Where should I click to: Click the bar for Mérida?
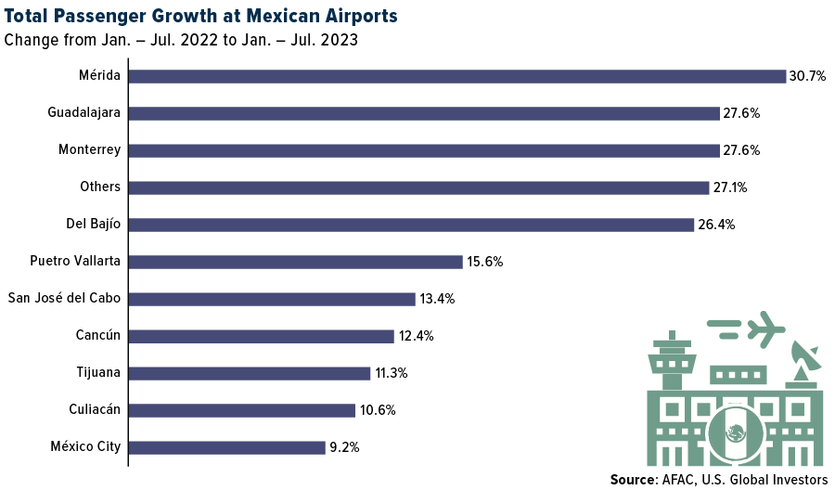tap(456, 76)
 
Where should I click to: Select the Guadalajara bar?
tap(423, 113)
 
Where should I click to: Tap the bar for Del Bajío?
tap(410, 225)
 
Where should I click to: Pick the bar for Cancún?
tap(261, 336)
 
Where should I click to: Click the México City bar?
tap(226, 447)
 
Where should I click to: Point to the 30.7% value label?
tap(807, 76)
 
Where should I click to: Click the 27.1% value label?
tap(730, 187)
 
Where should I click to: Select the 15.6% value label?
tap(484, 262)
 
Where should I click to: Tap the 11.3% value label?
tap(391, 373)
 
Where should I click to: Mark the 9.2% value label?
tap(344, 447)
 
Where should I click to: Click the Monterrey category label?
tap(89, 149)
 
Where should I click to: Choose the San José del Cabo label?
tap(64, 298)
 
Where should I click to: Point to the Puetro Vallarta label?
tap(75, 261)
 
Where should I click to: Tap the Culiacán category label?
tap(95, 409)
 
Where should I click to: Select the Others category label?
tap(100, 187)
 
